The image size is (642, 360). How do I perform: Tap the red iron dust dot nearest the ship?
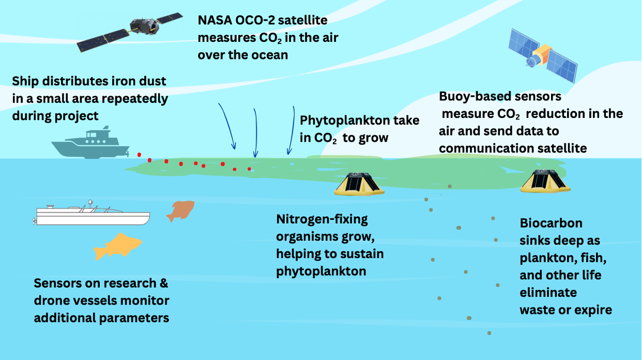[x=139, y=155]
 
